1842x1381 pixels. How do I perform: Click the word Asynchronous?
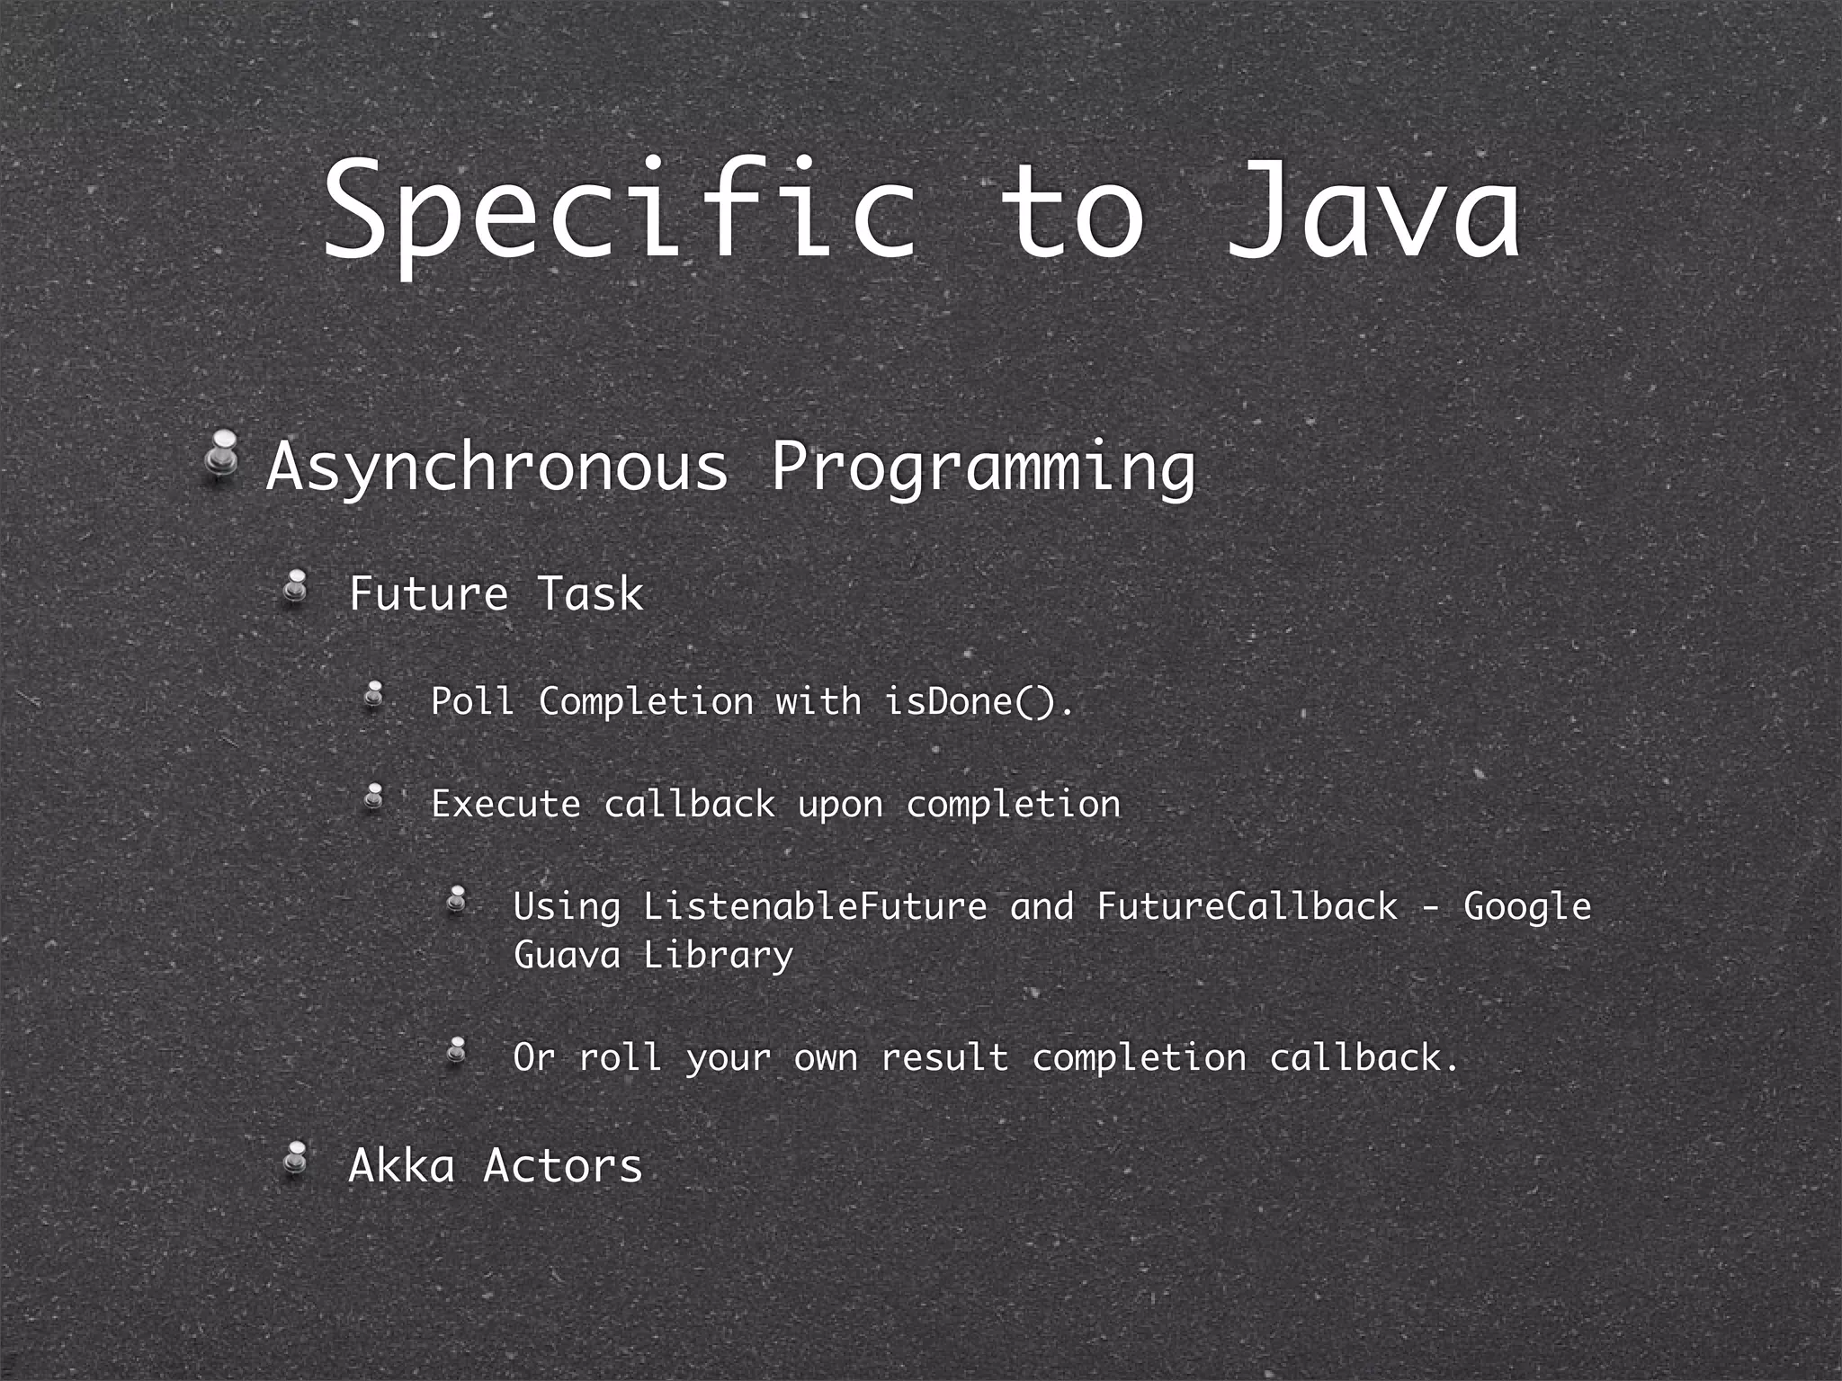coord(497,468)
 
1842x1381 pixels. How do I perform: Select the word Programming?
coord(983,468)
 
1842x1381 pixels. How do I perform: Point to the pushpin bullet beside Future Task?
coord(296,589)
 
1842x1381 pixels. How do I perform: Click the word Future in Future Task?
coord(429,594)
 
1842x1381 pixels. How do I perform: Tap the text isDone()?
coord(979,701)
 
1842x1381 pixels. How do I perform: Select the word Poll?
coord(472,701)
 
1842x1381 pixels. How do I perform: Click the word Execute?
coord(505,804)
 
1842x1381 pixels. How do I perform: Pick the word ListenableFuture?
coord(815,906)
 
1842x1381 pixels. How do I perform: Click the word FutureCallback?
coord(1247,906)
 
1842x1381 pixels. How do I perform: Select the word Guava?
coord(567,955)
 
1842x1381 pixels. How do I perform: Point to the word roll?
coord(621,1057)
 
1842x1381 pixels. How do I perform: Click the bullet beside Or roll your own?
coord(458,1050)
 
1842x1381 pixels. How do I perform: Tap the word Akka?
coord(401,1166)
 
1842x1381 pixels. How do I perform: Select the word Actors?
coord(563,1166)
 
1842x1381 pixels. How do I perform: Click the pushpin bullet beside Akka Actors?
coord(296,1160)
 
